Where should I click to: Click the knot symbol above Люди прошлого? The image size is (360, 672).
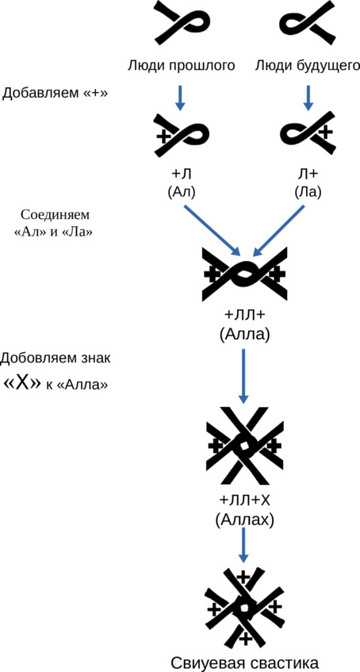pos(183,23)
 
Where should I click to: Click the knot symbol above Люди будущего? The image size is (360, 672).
pos(308,23)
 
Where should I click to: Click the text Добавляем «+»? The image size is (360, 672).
pos(55,93)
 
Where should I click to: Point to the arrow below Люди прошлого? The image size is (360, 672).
pos(181,98)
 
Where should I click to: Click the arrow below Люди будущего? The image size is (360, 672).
pos(308,98)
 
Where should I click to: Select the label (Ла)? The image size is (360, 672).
pos(308,192)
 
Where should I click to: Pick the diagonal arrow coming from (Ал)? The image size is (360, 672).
pos(211,230)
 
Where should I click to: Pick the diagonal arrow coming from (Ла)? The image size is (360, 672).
pos(279,230)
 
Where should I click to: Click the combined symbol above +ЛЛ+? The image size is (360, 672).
pos(243,275)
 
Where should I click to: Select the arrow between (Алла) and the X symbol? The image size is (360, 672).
pos(243,376)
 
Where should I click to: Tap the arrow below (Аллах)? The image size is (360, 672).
pos(243,545)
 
